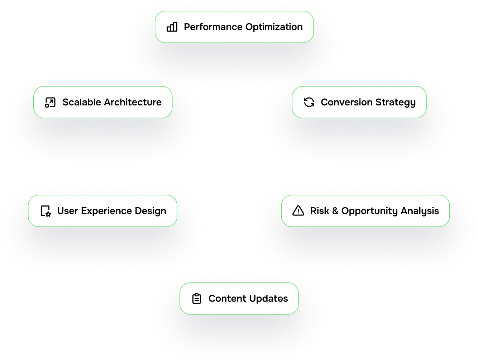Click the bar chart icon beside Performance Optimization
pos(172,27)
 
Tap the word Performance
pos(213,27)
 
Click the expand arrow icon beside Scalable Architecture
pos(50,102)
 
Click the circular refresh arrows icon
pos(309,102)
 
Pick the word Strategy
pos(395,103)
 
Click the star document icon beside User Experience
pos(46,211)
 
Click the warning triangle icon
pos(298,211)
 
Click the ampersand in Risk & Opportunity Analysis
pos(335,211)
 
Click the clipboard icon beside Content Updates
pos(197,299)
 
